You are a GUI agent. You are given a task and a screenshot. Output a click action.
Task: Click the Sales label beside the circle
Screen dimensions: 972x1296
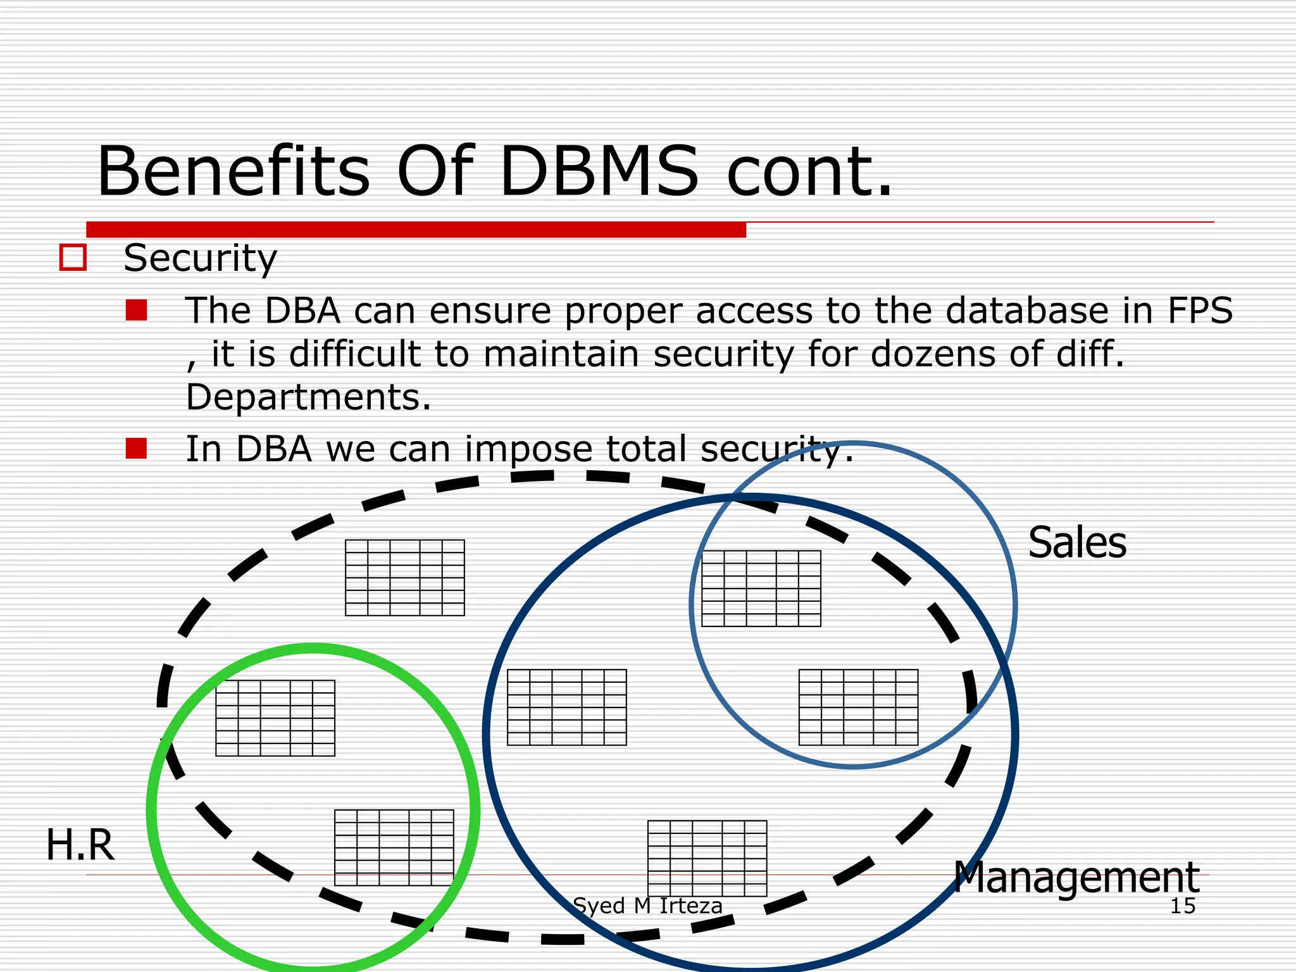click(x=1077, y=543)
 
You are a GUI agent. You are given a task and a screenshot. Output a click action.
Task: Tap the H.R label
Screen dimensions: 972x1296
click(x=80, y=845)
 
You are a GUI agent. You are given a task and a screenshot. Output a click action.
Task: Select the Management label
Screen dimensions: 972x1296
click(x=1076, y=878)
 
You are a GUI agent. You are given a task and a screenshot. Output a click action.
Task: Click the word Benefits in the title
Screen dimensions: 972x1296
click(x=233, y=171)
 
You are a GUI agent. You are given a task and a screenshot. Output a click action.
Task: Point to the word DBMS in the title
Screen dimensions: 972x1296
click(x=599, y=171)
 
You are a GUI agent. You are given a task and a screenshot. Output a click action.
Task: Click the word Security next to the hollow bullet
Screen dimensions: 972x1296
click(x=200, y=259)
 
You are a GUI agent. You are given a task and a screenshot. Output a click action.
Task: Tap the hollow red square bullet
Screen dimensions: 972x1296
click(x=73, y=258)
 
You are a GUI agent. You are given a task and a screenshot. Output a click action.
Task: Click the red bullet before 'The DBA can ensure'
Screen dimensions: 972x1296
click(x=136, y=311)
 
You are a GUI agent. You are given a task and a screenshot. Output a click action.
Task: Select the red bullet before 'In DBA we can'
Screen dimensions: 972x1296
click(x=136, y=449)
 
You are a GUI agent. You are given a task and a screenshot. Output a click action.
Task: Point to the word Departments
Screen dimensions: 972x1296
click(x=308, y=397)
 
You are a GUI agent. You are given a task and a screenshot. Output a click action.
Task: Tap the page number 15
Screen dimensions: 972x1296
click(x=1182, y=906)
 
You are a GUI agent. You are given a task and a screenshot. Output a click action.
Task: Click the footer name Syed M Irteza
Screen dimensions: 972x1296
click(x=647, y=906)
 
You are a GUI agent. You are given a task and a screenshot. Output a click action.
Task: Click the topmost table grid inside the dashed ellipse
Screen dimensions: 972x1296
click(x=405, y=577)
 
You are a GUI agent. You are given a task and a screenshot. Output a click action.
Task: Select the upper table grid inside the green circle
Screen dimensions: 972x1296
click(x=275, y=718)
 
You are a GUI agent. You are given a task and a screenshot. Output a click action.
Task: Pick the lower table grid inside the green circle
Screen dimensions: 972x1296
click(x=394, y=847)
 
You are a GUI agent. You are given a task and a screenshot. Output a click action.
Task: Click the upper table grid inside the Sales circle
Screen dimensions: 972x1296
click(x=761, y=588)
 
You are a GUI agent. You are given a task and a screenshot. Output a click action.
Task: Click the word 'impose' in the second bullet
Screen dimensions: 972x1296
click(x=528, y=450)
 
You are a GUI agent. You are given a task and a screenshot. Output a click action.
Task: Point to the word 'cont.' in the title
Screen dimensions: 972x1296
click(x=809, y=171)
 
